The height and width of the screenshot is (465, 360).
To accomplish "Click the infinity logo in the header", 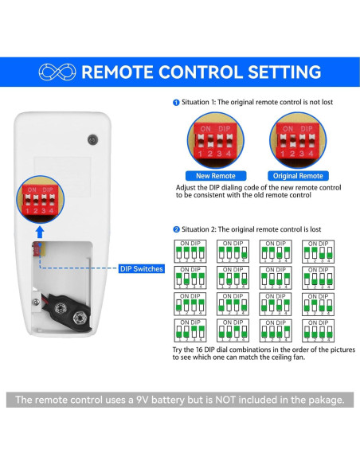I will pyautogui.click(x=57, y=72).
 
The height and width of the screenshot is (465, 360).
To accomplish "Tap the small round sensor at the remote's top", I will pyautogui.click(x=92, y=139).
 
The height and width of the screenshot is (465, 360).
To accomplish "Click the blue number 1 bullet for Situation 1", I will pyautogui.click(x=176, y=102).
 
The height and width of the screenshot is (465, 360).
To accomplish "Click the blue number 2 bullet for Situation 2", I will pyautogui.click(x=176, y=229).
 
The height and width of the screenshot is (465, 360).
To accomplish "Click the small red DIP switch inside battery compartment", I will pyautogui.click(x=37, y=250).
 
